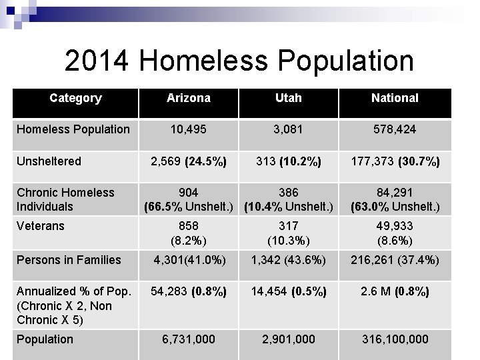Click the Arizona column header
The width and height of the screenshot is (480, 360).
point(189,98)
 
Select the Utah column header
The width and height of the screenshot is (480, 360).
point(288,98)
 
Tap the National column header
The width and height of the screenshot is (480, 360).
point(395,98)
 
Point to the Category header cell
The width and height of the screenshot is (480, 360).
point(75,98)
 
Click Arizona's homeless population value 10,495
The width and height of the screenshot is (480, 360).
point(189,129)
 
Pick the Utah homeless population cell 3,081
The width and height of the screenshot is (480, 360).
point(288,129)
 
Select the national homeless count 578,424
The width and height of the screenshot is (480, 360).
point(395,129)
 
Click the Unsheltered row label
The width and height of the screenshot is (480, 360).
point(49,161)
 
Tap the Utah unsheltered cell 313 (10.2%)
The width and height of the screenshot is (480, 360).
point(288,161)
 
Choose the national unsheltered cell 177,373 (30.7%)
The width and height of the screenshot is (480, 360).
point(395,161)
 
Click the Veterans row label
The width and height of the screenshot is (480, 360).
point(41,226)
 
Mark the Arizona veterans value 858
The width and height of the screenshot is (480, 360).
point(189,226)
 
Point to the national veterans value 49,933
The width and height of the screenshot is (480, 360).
point(395,226)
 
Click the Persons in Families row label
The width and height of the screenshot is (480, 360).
point(69,259)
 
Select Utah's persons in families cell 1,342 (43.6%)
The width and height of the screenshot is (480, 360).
point(288,259)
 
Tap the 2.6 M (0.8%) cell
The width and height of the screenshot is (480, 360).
point(395,291)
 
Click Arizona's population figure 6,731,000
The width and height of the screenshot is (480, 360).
point(189,339)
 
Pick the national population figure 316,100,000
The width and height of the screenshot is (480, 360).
point(395,339)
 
